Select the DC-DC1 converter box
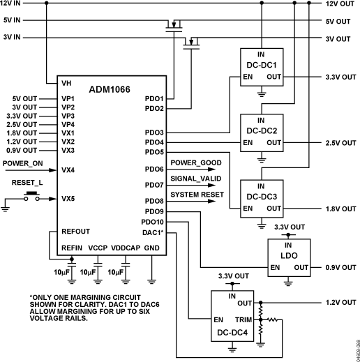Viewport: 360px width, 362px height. (262, 67)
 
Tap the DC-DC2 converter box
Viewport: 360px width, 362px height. (262, 133)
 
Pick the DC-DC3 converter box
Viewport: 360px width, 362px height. (262, 199)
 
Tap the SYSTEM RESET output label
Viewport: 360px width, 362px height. (197, 195)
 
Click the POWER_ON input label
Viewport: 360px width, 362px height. (22, 163)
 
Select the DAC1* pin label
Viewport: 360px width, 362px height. (153, 231)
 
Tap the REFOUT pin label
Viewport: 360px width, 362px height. (75, 230)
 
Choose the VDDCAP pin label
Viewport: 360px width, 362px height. (126, 248)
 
